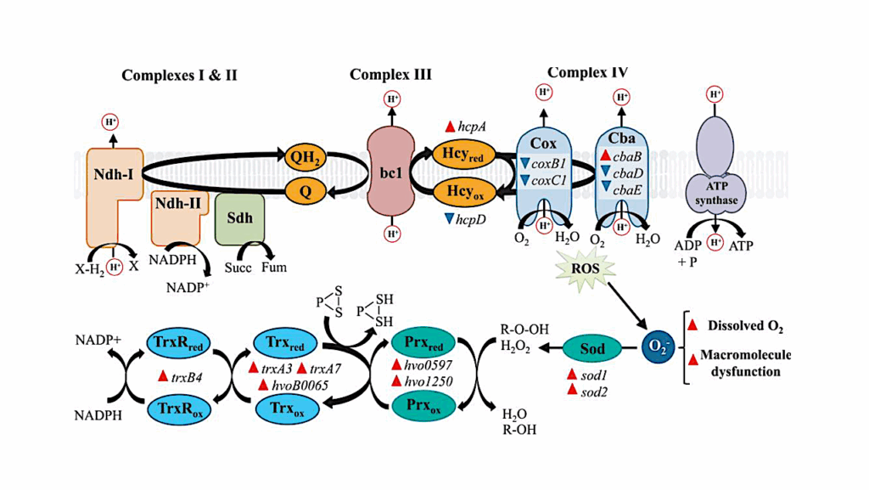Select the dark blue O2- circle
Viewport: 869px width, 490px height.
click(x=657, y=348)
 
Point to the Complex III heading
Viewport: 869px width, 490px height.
click(x=390, y=75)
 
